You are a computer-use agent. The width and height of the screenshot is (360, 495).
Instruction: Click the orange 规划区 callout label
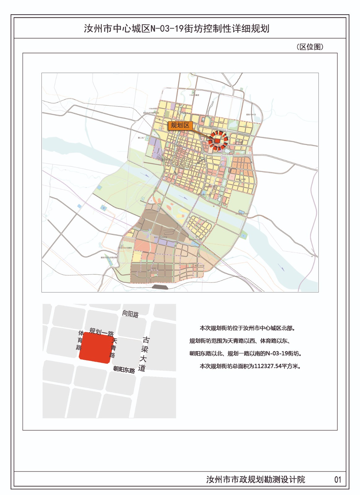pos(180,125)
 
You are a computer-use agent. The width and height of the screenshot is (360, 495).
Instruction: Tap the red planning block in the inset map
pos(95,347)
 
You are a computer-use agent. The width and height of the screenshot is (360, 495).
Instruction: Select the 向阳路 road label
pos(130,314)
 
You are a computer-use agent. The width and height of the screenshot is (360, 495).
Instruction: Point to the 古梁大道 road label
pos(144,354)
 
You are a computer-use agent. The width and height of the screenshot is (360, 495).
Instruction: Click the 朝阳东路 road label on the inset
pos(124,369)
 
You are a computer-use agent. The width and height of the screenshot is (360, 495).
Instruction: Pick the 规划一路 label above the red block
pos(102,333)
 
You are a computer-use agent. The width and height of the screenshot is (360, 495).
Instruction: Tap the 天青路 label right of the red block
pos(114,348)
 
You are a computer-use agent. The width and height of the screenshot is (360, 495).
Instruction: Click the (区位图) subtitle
pos(310,47)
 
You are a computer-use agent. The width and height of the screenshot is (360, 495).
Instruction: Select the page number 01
pos(337,480)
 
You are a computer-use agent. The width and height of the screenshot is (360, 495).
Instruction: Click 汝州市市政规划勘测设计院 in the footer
pos(256,480)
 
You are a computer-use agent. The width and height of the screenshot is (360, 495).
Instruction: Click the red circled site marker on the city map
pos(218,141)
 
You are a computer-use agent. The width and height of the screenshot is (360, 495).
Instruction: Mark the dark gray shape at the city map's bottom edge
pos(160,287)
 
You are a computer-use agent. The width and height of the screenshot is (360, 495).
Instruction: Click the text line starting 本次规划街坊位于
pos(247,328)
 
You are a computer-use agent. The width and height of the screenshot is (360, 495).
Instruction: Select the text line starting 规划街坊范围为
pos(240,341)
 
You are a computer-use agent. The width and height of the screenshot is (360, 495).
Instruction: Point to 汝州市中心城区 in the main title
pos(117,29)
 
